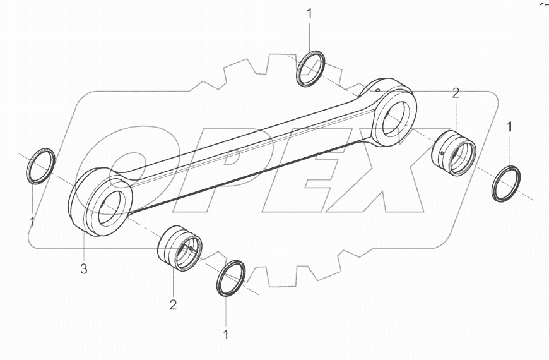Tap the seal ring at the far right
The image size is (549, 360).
pos(506,184)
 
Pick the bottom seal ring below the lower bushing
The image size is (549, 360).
pos(230,277)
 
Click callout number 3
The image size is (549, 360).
pos(83,270)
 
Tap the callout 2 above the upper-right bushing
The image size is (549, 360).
pos(456,93)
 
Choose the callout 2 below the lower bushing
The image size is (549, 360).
pos(172,305)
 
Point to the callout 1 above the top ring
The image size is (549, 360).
pos(309,13)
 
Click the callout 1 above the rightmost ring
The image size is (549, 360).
pos(510,128)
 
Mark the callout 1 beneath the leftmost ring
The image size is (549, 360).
pos(32,221)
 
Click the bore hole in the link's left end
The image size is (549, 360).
pos(112,208)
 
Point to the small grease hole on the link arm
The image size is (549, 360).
pos(377,92)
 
